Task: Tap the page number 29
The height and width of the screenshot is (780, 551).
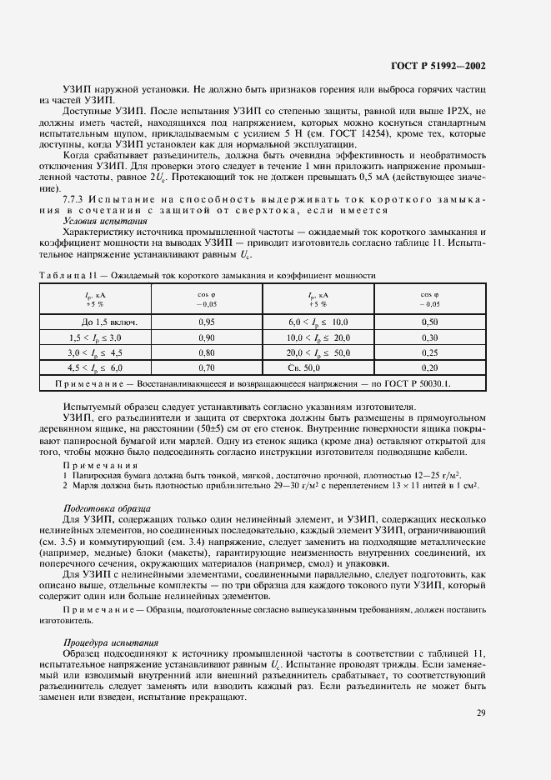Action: coord(481,712)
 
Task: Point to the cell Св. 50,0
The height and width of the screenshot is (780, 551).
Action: coord(304,367)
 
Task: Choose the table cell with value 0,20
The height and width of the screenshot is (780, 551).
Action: coord(429,367)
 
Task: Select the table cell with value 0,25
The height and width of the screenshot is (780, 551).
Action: coord(429,352)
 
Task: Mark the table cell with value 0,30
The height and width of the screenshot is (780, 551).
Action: coord(429,337)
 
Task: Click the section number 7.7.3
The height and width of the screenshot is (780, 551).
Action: coord(76,200)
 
